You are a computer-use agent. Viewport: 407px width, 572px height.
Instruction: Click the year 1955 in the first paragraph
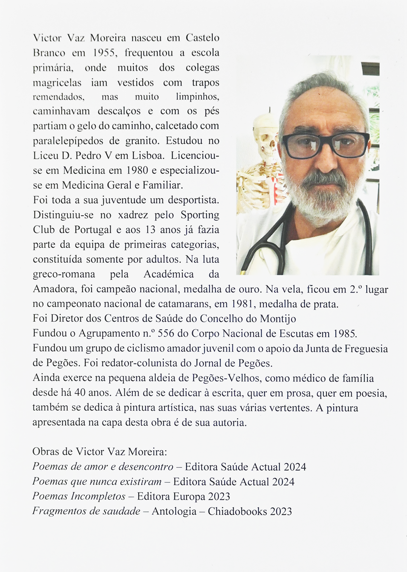(x=104, y=53)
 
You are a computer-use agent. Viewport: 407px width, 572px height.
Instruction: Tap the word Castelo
(x=202, y=38)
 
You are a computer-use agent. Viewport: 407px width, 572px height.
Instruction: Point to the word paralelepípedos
(x=68, y=141)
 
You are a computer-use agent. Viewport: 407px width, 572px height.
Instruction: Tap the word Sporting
(x=200, y=215)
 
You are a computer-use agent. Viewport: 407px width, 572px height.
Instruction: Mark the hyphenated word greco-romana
(x=64, y=274)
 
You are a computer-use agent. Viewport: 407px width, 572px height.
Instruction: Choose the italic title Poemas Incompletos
(x=79, y=496)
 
